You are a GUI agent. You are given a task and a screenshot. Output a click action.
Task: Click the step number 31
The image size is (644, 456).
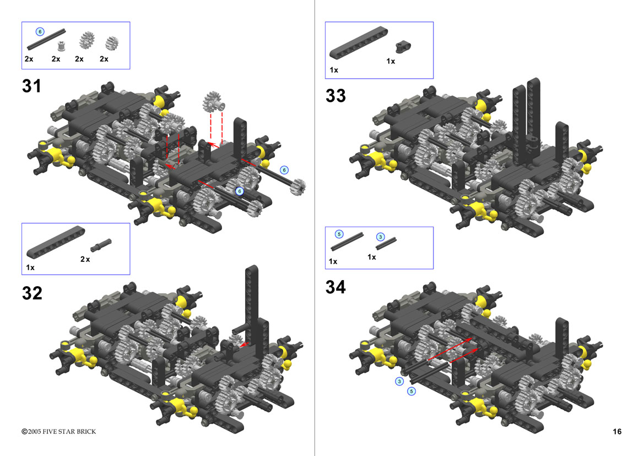click(x=31, y=87)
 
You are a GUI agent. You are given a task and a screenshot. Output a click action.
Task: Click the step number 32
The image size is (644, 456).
click(x=32, y=293)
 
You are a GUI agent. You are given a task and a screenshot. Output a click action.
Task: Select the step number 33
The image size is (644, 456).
click(x=335, y=96)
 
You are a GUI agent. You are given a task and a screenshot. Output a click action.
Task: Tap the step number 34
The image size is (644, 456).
click(x=335, y=287)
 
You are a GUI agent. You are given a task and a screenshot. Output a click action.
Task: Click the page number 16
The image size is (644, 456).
click(x=617, y=431)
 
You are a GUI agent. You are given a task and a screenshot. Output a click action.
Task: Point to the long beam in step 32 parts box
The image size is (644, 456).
click(x=56, y=242)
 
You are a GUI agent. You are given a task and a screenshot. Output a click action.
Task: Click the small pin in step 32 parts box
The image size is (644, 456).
click(x=101, y=245)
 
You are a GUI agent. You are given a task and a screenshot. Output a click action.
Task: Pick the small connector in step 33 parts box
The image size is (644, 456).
click(x=403, y=47)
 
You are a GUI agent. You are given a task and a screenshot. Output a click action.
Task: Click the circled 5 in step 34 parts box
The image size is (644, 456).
click(x=339, y=234)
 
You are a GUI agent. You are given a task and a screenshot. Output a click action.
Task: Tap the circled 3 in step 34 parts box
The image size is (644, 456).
click(x=381, y=237)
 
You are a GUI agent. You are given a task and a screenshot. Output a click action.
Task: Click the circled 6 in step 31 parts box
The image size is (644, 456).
click(x=40, y=31)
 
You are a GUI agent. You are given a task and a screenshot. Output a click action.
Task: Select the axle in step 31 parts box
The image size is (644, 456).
click(x=46, y=39)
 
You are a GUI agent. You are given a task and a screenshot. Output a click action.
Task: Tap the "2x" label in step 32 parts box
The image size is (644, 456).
click(x=85, y=259)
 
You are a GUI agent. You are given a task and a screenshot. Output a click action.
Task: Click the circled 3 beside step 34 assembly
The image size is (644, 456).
click(x=399, y=382)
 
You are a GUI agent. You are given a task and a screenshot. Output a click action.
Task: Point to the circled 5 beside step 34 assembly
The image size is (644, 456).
click(x=411, y=391)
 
